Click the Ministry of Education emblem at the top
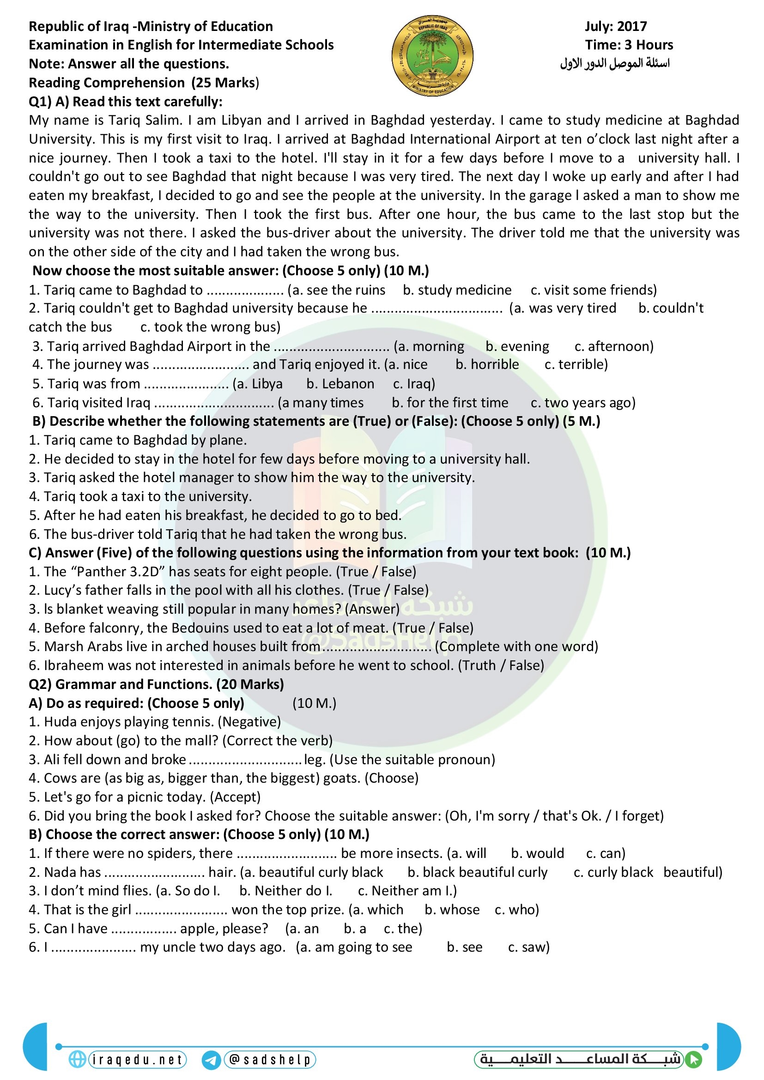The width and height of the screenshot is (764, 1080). pos(432,55)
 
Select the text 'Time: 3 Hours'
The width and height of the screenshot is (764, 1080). pos(629,45)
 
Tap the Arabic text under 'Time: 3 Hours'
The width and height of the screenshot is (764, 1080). pos(614,63)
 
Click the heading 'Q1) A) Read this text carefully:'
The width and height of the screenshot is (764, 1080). pos(126,102)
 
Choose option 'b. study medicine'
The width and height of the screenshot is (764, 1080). pos(457,290)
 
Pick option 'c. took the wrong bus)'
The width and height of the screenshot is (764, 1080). pos(210,327)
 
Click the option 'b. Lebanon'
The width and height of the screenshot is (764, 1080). pos(340,384)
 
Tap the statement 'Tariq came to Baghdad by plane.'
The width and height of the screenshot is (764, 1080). pos(145,440)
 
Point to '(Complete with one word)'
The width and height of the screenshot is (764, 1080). pos(516,646)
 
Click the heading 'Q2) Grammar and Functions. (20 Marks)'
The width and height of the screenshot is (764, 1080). pos(156,684)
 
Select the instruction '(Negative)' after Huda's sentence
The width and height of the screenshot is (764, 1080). pos(251,722)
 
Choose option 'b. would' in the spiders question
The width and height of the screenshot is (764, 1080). pos(537,853)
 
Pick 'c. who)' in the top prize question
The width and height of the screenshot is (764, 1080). pos(516,910)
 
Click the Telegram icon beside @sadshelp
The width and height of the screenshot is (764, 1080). pos(211,1060)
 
